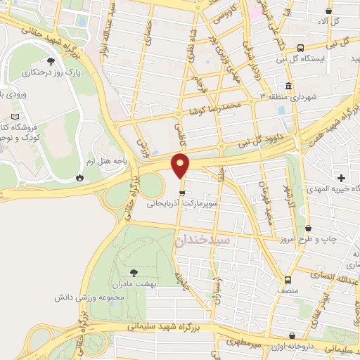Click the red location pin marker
coord(181,166)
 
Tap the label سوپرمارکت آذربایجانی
coord(183,205)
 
